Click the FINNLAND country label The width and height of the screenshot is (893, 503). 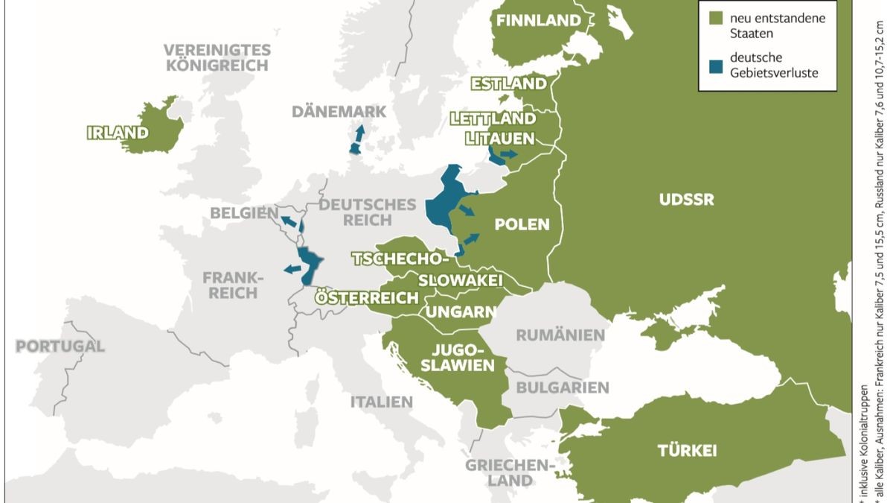point(538,21)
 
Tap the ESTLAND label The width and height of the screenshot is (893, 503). point(508,83)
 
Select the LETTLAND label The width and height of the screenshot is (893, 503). point(493,118)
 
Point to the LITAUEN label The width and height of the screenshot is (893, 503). point(499,139)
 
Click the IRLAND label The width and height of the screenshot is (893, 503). point(118,133)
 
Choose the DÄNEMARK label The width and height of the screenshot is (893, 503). point(339,112)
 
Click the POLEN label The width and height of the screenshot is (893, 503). point(522,224)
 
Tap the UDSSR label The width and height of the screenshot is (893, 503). point(686,200)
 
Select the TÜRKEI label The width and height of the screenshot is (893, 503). point(687,450)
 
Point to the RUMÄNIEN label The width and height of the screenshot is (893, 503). point(560,335)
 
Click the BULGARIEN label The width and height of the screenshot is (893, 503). point(563,387)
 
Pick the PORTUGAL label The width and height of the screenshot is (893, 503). point(60,347)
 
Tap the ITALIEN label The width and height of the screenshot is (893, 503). point(381,402)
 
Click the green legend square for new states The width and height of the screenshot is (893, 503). point(716,17)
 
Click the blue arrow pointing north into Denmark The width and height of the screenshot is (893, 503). point(359,136)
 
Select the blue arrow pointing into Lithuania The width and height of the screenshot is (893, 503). point(509,154)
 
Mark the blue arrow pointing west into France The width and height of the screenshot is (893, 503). point(292,269)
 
